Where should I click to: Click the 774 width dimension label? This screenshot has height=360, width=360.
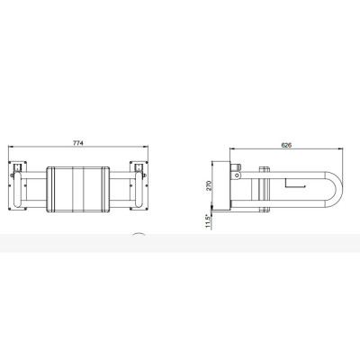tap(78, 143)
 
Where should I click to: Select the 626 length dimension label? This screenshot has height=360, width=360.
tap(286, 145)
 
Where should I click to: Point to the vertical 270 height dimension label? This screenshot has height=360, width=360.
tap(210, 185)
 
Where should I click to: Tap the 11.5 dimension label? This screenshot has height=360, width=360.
tap(209, 221)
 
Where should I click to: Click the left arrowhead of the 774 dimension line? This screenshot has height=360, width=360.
tap(10, 147)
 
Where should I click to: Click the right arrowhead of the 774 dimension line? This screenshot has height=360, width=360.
tap(146, 147)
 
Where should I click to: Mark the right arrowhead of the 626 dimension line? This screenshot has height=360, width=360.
tap(340, 148)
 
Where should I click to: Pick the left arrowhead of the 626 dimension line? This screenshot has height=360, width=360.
tap(232, 148)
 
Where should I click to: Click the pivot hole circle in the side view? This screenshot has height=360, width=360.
tap(238, 175)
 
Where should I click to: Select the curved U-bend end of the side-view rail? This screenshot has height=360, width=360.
tap(338, 189)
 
